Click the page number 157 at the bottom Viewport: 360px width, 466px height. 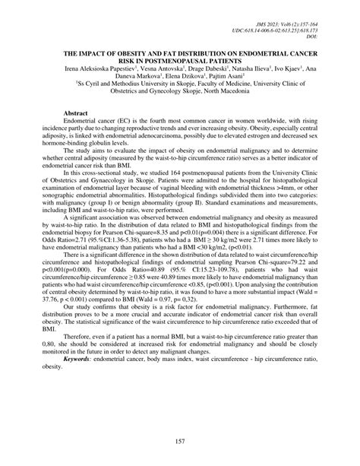[x=180, y=442]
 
